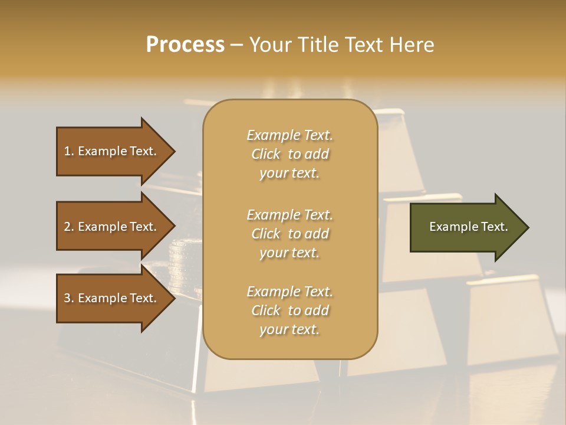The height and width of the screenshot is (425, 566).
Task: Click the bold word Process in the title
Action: tap(185, 45)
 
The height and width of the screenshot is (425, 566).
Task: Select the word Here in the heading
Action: tap(412, 45)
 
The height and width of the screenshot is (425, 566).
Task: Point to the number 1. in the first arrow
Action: tap(69, 151)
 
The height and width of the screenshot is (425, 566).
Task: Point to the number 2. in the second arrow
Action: tap(69, 227)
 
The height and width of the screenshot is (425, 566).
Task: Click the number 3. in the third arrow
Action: tap(69, 298)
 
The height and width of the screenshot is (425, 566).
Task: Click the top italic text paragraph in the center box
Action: tap(289, 154)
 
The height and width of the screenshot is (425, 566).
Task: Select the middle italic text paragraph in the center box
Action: tap(289, 233)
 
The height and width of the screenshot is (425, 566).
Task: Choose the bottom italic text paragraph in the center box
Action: tap(289, 310)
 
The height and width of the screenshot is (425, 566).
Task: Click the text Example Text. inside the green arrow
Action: tap(468, 227)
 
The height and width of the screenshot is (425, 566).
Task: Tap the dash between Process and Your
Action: tap(236, 45)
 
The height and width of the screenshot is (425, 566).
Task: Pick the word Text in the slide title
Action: tap(365, 45)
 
